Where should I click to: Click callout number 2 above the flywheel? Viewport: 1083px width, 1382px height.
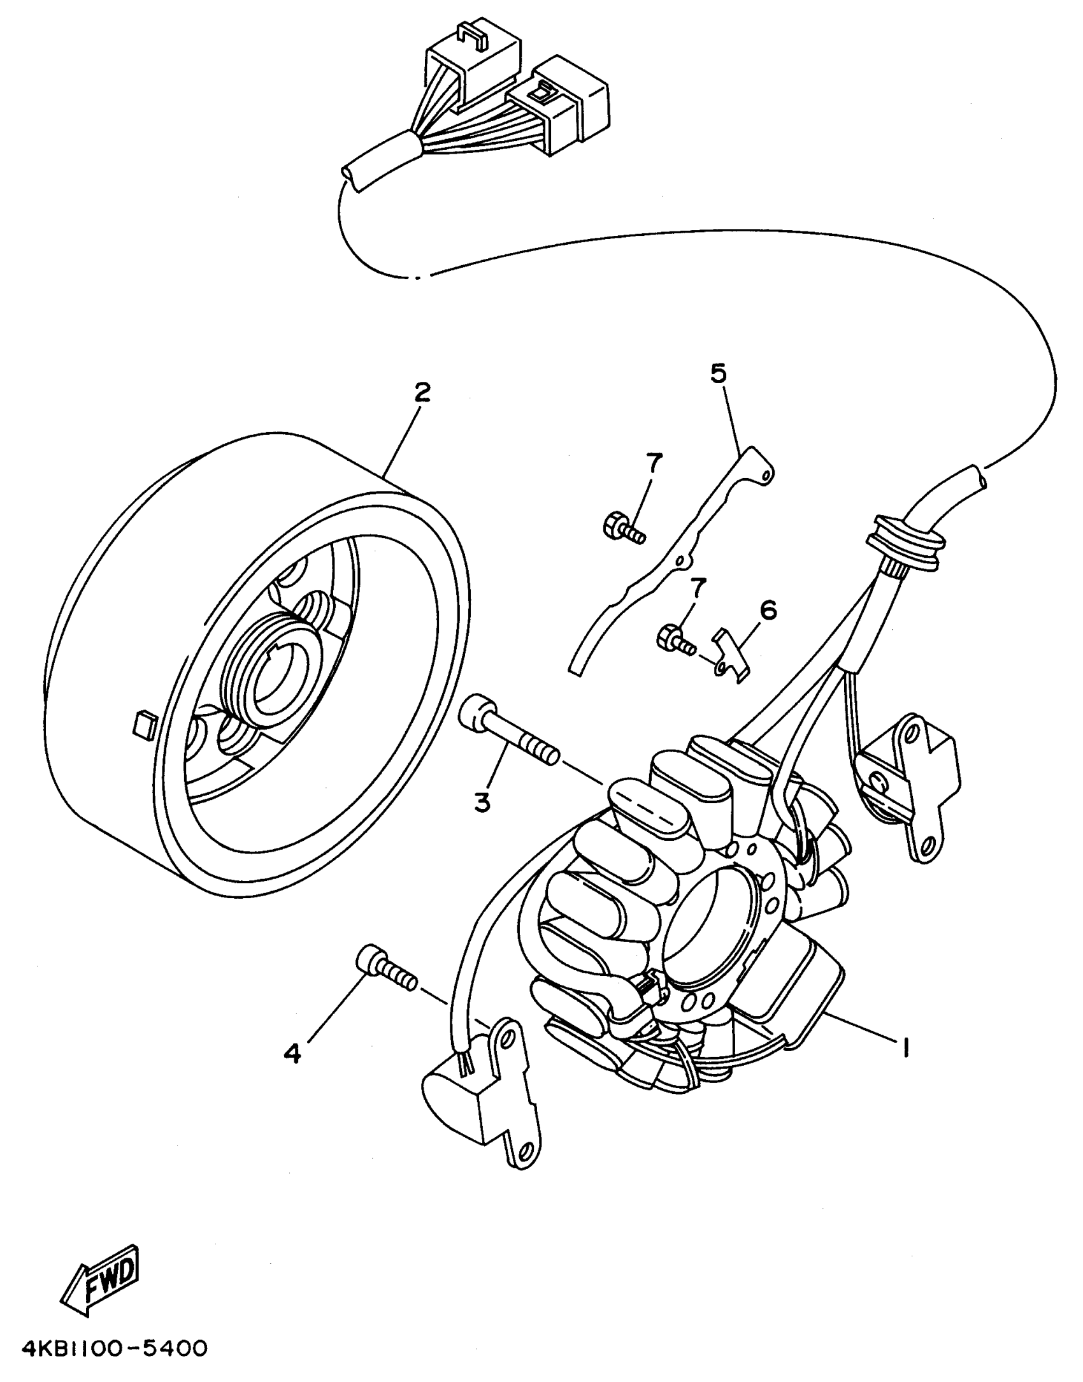point(421,393)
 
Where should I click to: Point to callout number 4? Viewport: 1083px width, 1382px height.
point(292,1054)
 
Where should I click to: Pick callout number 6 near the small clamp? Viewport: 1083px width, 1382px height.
point(768,610)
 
